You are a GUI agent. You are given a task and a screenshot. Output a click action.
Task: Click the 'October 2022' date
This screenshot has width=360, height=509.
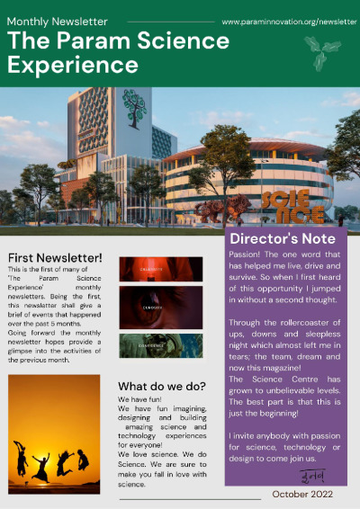tap(303, 495)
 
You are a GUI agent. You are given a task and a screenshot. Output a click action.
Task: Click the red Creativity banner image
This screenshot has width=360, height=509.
tap(161, 269)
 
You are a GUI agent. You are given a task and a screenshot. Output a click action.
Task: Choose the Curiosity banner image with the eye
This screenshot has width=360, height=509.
tap(161, 307)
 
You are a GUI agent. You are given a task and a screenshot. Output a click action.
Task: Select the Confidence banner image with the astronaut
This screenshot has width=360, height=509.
tap(161, 345)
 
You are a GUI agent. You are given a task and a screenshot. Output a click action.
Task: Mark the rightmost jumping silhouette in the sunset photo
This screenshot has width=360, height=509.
tap(83, 459)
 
